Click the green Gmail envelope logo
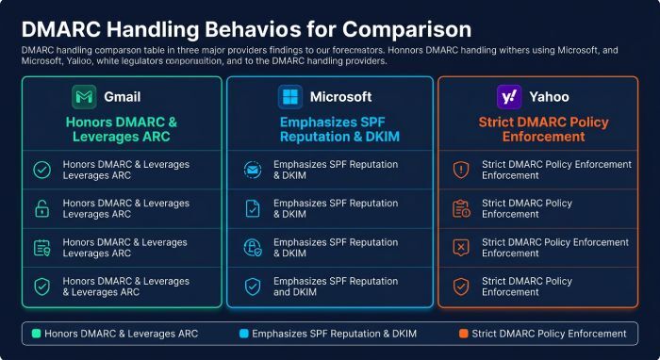(84, 97)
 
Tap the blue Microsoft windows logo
(290, 97)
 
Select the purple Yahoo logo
(509, 97)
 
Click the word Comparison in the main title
(406, 29)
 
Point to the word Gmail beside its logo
(122, 97)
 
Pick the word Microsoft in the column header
(341, 97)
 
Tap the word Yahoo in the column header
(550, 97)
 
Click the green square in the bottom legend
(36, 334)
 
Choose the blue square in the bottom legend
(243, 334)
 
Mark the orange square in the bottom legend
(464, 334)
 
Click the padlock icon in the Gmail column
(42, 208)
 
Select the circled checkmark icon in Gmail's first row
(42, 170)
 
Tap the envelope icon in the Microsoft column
(253, 170)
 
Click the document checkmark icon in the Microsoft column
(253, 208)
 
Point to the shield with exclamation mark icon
(461, 170)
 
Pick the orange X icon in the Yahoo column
(461, 247)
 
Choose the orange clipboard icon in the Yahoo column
(461, 208)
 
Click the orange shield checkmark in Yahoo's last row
(461, 286)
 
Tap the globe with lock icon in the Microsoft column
(253, 247)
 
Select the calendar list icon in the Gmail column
(42, 248)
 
